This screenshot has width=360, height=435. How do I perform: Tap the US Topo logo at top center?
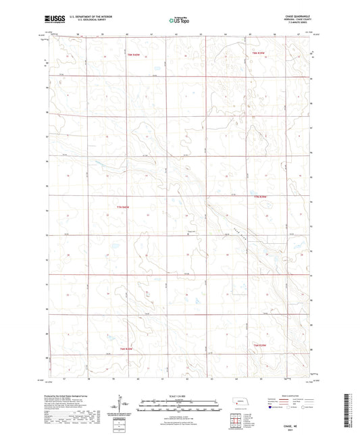point(178,20)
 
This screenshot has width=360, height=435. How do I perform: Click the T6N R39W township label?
point(261,346)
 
